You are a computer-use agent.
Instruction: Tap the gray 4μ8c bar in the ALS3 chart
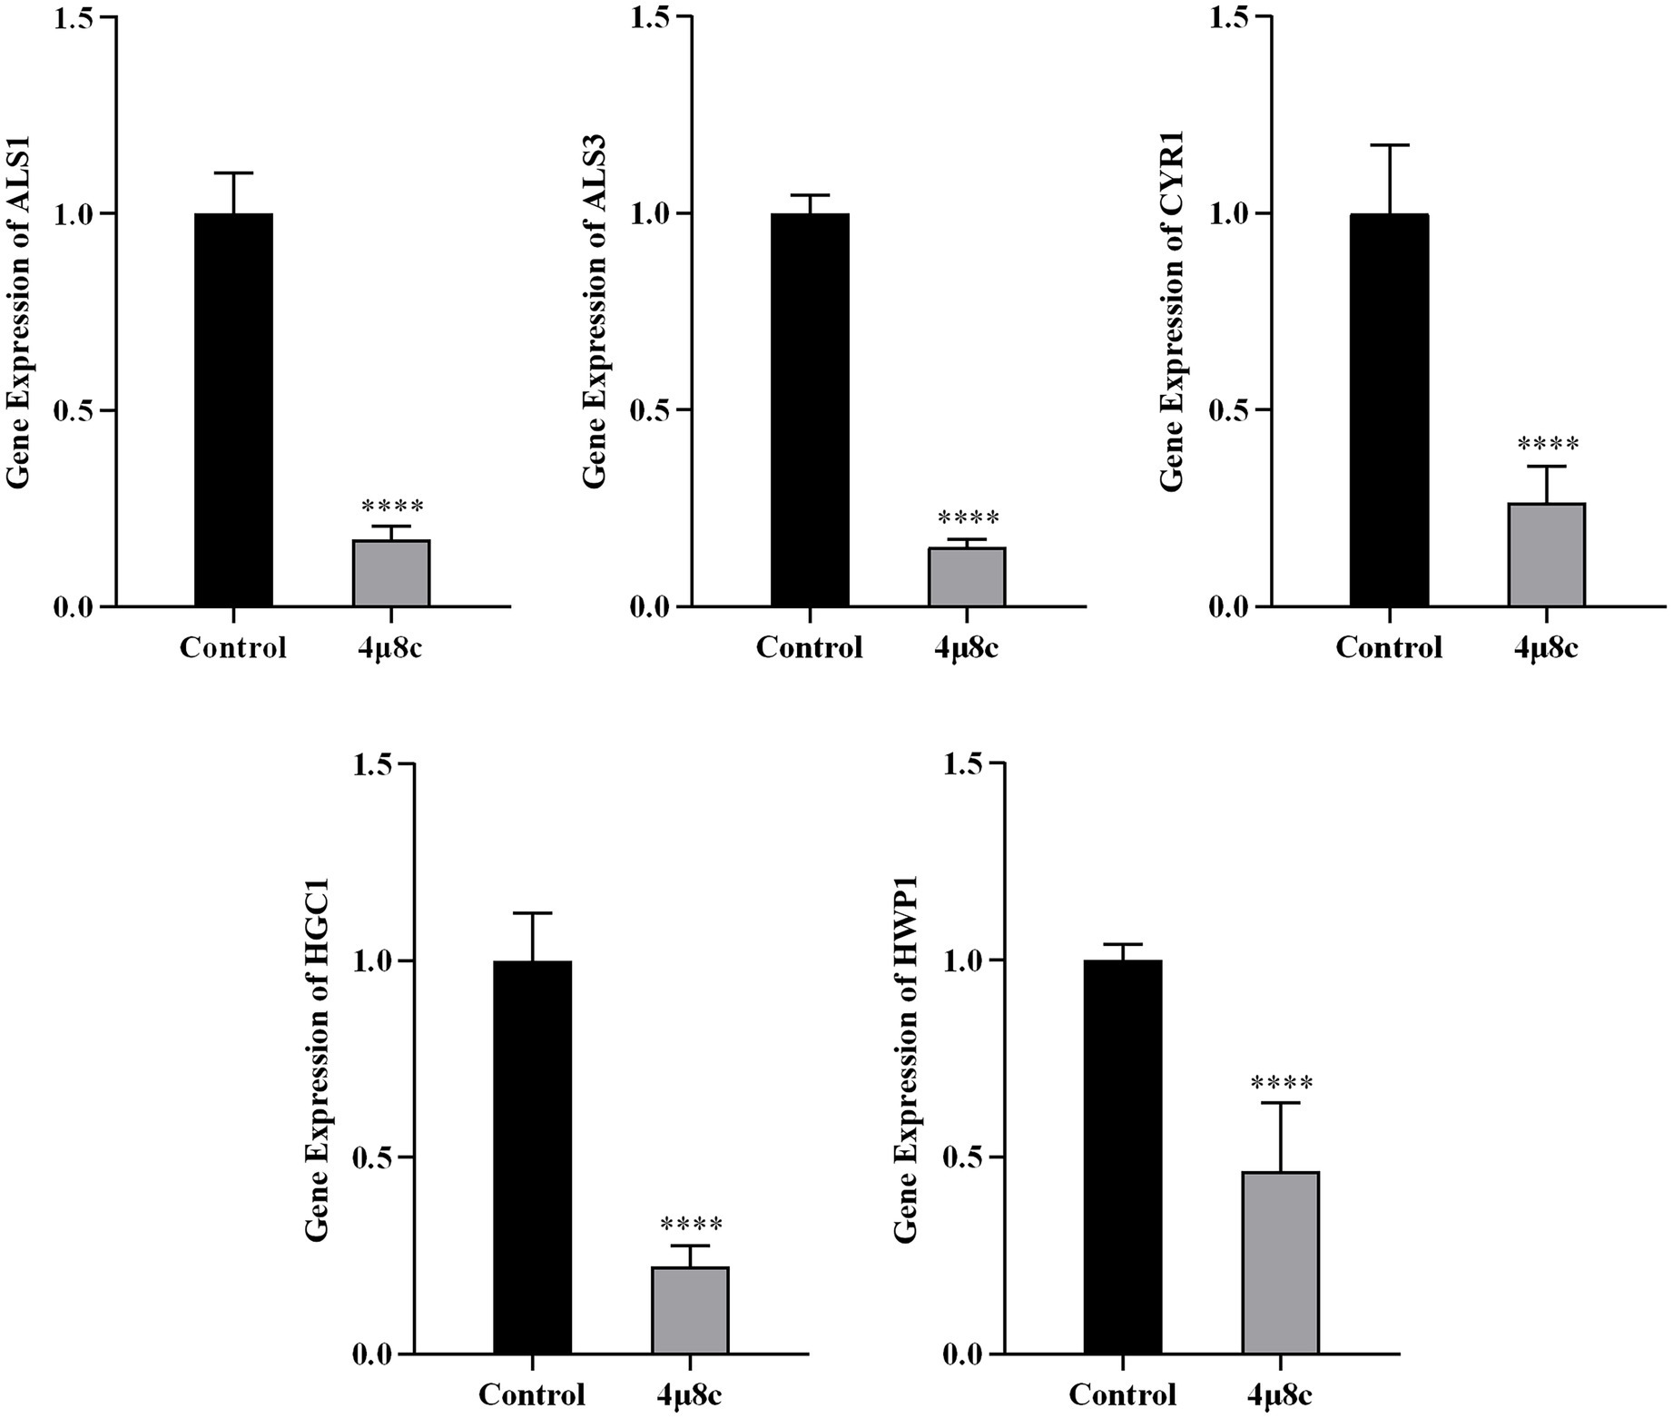pos(967,577)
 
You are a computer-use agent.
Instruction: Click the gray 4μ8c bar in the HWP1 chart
pos(1281,1263)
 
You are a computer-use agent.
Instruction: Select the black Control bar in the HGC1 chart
pos(533,1157)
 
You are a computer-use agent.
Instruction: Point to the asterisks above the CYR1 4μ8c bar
pos(1548,445)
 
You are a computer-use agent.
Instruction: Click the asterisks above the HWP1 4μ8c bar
pos(1281,1084)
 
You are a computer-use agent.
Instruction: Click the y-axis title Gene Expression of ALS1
pos(20,313)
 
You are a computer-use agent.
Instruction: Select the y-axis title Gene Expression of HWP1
pos(906,1059)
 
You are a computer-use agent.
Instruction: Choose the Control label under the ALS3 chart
pos(809,648)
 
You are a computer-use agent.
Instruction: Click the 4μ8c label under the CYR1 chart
pos(1546,648)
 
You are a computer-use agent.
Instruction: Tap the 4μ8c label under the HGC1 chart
pos(691,1395)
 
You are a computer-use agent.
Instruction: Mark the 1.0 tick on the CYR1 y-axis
pos(1231,214)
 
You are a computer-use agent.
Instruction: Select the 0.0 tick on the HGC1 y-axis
pos(374,1355)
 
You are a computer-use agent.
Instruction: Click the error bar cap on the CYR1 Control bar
pos(1389,145)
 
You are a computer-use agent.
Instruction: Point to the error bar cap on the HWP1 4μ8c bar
pos(1281,1103)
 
